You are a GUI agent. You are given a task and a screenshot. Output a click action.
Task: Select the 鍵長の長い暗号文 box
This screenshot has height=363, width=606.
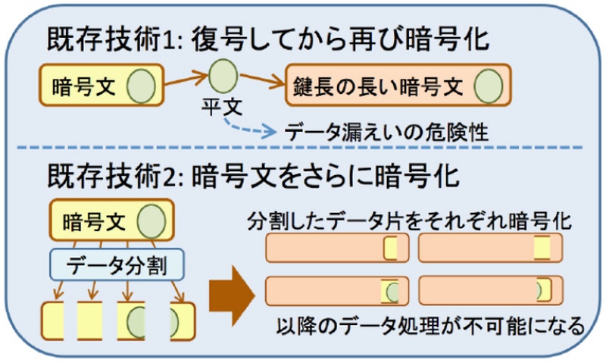coord(398,85)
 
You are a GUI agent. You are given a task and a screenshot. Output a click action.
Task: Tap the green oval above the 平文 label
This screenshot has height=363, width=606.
coord(222,77)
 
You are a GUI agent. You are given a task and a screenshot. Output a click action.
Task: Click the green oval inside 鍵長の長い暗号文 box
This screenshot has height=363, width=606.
coord(489,84)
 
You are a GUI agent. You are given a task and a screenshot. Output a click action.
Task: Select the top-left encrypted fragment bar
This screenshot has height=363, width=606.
coord(338,249)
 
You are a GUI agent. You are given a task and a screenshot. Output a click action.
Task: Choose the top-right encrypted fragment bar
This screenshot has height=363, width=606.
coord(489,249)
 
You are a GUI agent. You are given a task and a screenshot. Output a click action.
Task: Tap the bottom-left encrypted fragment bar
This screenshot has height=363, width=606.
coord(338,291)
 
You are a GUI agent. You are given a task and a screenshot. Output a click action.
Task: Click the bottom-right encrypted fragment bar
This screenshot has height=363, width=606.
coord(489,291)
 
